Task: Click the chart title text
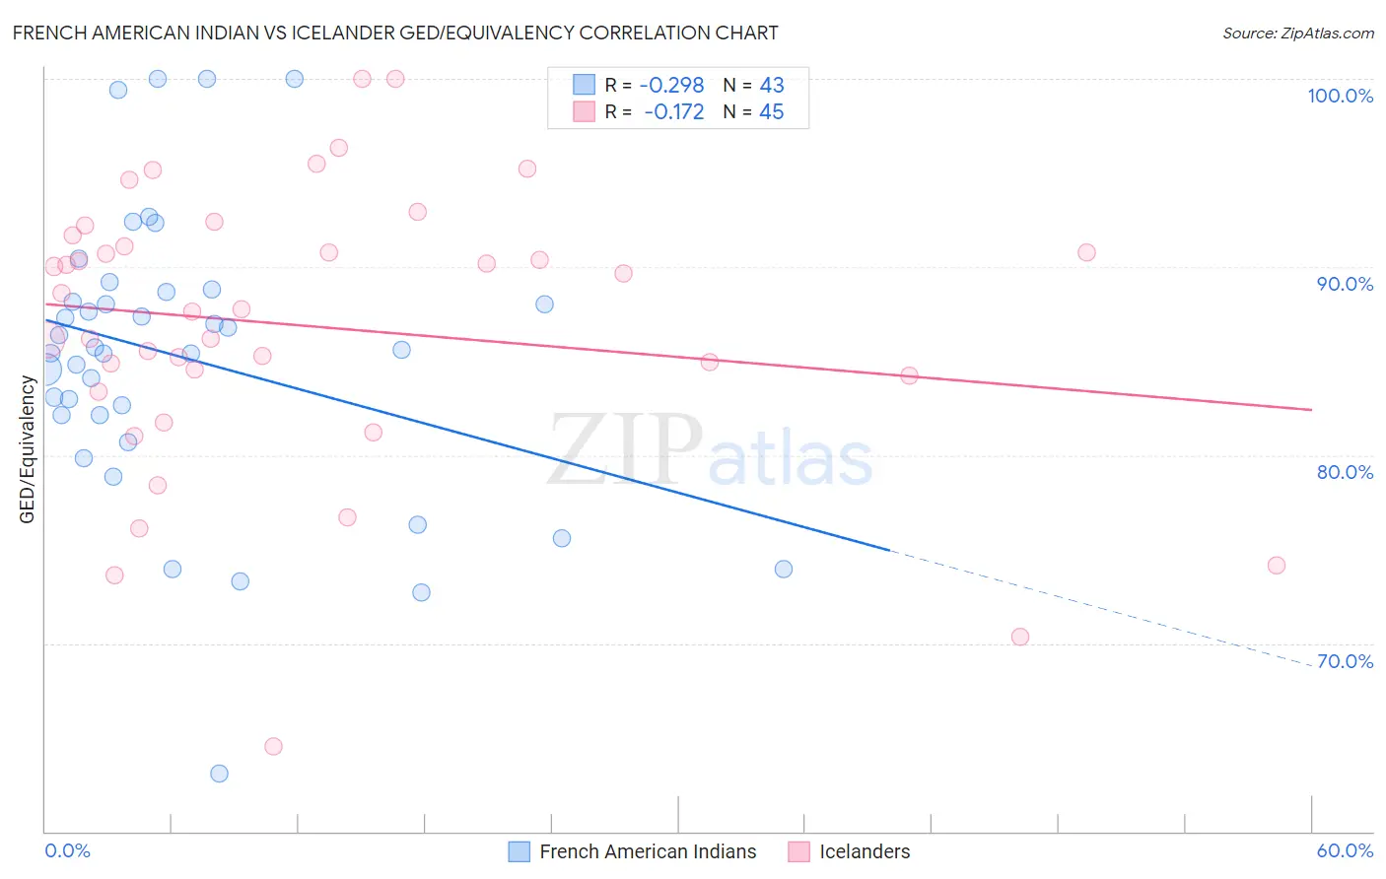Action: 395,33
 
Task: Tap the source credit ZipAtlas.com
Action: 1297,33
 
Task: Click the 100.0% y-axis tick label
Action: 1340,96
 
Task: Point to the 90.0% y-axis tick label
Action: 1345,284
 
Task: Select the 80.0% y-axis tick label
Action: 1345,472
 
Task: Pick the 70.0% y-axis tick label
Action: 1345,661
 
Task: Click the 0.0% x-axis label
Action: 67,850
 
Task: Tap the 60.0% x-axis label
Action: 1345,850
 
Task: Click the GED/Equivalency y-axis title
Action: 28,449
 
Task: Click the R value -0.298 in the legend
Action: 671,86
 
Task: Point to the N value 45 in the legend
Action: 771,112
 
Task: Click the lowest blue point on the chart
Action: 219,774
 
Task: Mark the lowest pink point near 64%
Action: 273,746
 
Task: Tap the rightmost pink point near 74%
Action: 1276,565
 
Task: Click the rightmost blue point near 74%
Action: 783,569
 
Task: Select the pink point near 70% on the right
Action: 1019,637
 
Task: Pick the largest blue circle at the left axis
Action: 45,370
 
